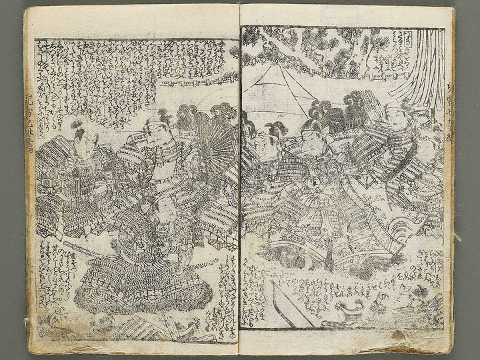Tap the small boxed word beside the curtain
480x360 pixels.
coord(388,45)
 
